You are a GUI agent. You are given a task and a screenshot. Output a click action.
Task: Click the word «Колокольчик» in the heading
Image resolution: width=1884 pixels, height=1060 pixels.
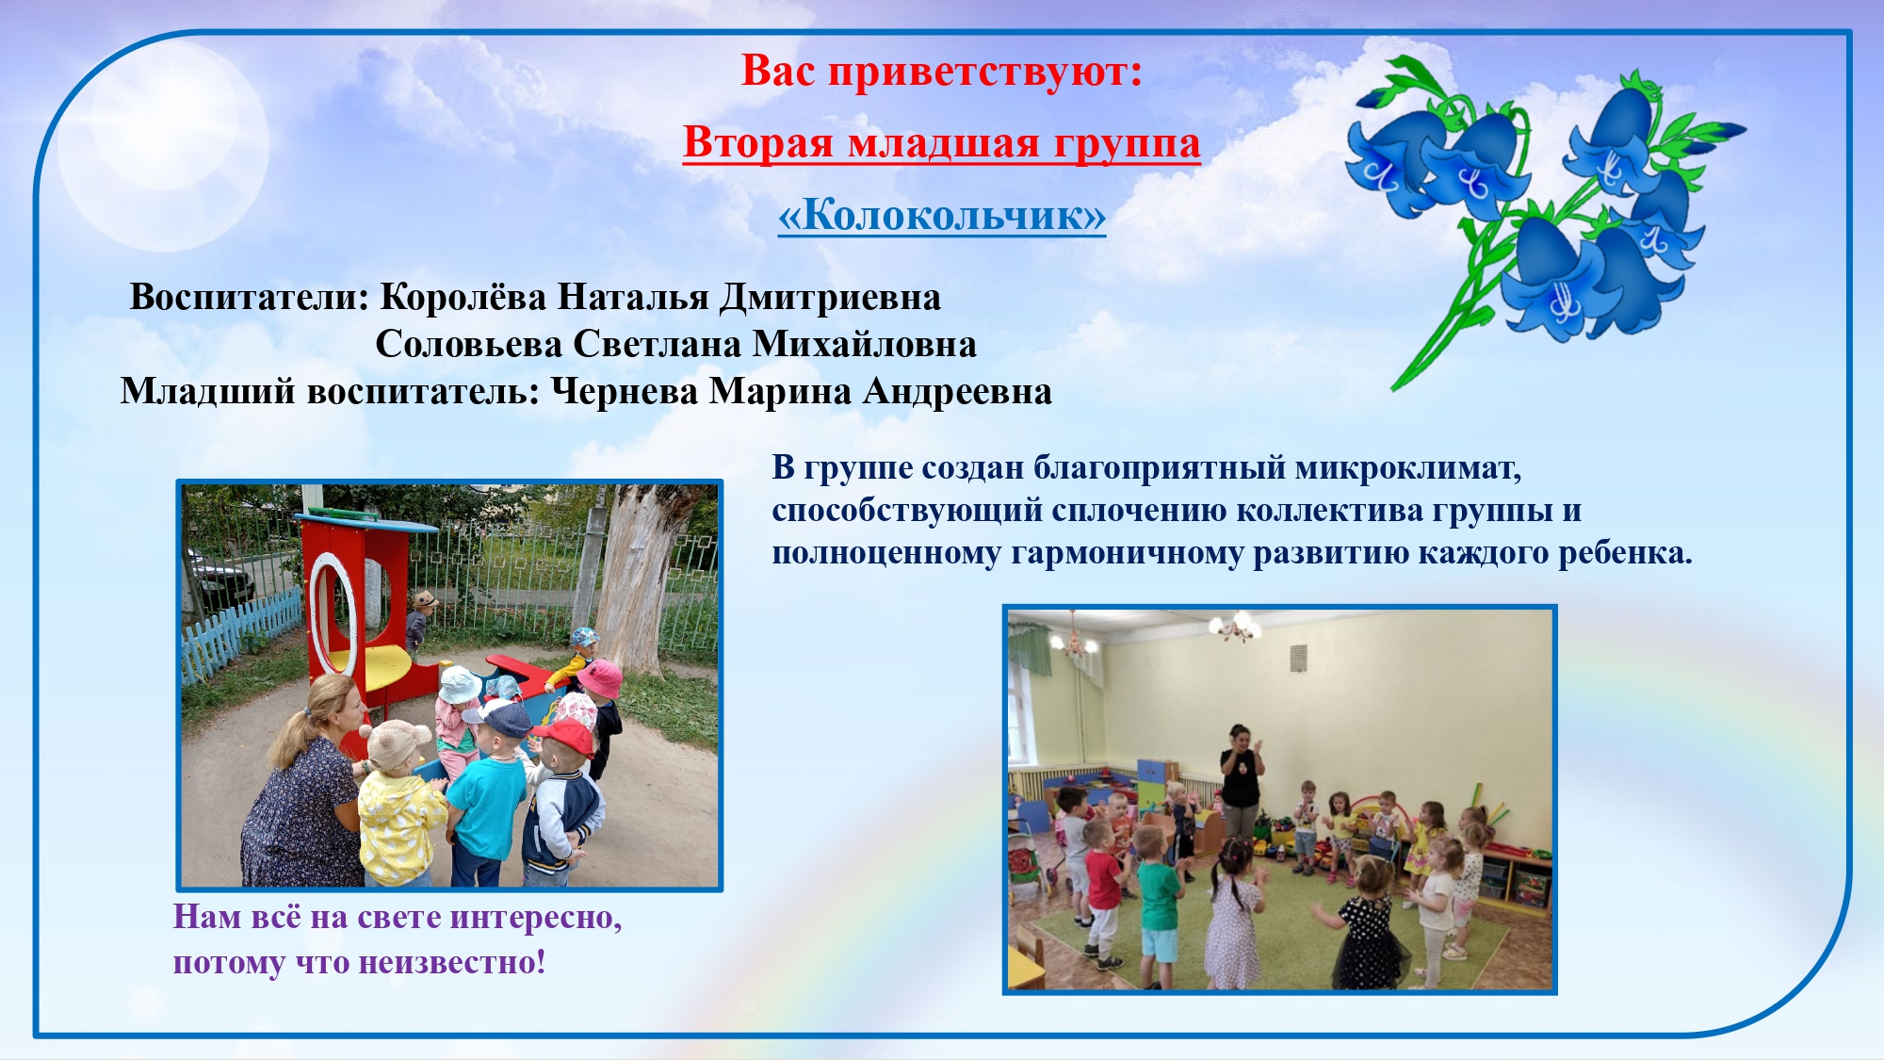pyautogui.click(x=941, y=215)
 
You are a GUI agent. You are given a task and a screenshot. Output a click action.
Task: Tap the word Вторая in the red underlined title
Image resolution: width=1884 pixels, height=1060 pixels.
pyautogui.click(x=759, y=143)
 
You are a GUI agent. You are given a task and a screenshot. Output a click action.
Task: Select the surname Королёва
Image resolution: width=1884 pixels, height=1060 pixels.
pyautogui.click(x=463, y=297)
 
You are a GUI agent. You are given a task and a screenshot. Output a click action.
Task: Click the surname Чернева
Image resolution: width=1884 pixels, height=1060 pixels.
pyautogui.click(x=624, y=391)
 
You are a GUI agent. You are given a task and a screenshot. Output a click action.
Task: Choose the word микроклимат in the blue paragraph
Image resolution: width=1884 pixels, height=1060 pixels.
pyautogui.click(x=1407, y=467)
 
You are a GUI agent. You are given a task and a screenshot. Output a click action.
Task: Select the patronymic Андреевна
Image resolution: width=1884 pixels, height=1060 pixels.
pyautogui.click(x=957, y=392)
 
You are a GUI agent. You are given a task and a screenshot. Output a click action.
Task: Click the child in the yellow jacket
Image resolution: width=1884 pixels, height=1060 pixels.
pyautogui.click(x=399, y=805)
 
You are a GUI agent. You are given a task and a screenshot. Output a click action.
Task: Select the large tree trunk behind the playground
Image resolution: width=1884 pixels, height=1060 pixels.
pyautogui.click(x=637, y=575)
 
